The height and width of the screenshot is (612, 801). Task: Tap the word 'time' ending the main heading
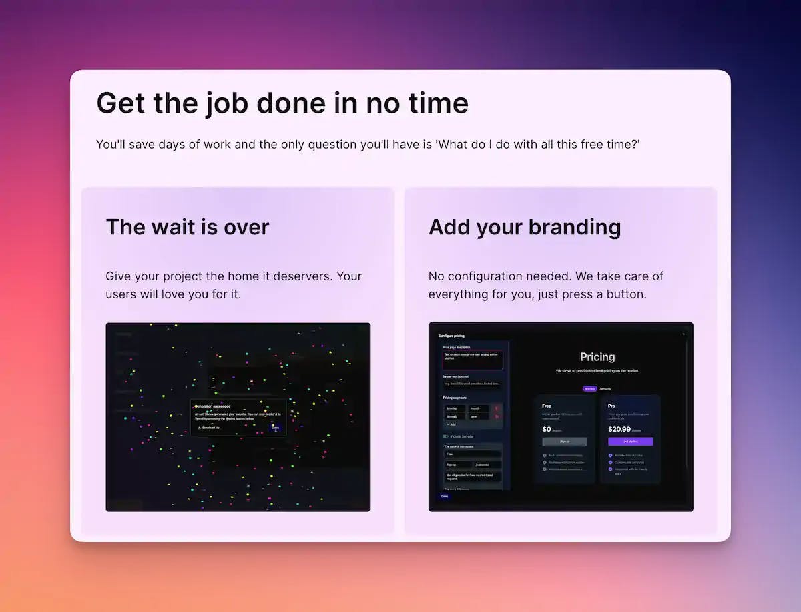(435, 103)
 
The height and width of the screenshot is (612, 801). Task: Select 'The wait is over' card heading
(188, 227)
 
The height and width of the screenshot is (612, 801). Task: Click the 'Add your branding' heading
(525, 227)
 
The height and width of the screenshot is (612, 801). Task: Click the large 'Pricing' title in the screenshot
(597, 357)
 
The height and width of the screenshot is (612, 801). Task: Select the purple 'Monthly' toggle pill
(589, 388)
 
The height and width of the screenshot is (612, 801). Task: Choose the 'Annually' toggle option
(605, 388)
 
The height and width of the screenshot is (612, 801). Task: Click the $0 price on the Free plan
(547, 429)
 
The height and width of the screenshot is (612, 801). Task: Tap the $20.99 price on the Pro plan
(619, 429)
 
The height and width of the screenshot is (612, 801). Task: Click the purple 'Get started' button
(630, 442)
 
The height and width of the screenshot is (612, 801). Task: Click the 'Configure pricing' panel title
(451, 335)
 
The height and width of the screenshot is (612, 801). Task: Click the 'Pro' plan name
(612, 406)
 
